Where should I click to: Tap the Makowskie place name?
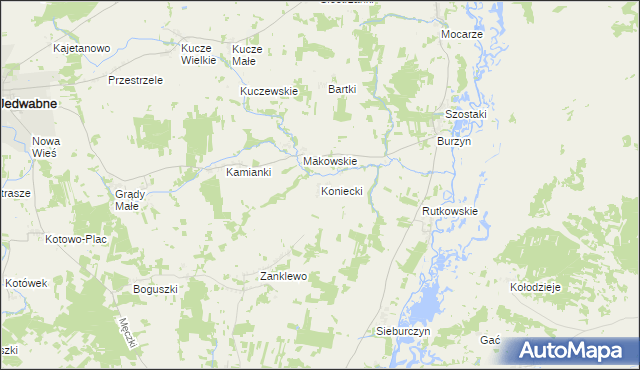tap(330, 161)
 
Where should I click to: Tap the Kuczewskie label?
tap(269, 91)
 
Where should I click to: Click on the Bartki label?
tap(343, 89)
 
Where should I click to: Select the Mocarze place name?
tap(462, 34)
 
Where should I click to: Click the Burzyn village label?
tap(454, 142)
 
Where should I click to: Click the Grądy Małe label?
tap(132, 199)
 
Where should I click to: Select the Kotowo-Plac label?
tap(76, 239)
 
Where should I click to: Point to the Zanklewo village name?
tap(282, 276)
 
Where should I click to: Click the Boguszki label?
tap(155, 289)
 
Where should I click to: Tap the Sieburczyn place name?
tap(402, 330)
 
